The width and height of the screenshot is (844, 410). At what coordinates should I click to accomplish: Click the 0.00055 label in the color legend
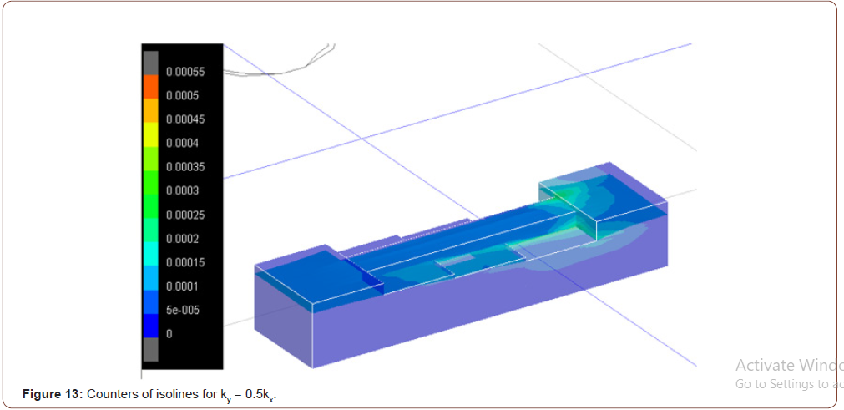pyautogui.click(x=184, y=72)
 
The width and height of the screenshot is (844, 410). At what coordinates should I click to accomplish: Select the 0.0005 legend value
pyautogui.click(x=182, y=95)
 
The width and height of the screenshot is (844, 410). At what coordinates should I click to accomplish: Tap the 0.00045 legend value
pyautogui.click(x=184, y=119)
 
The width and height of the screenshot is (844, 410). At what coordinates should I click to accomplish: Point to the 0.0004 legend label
pyautogui.click(x=182, y=143)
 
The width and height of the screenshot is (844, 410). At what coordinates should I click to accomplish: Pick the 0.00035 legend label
pyautogui.click(x=184, y=167)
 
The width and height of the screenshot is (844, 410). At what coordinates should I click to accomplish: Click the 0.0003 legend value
pyautogui.click(x=182, y=190)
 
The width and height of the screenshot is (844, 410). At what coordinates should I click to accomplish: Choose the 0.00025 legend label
pyautogui.click(x=184, y=215)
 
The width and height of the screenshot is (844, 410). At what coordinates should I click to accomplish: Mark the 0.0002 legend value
pyautogui.click(x=182, y=239)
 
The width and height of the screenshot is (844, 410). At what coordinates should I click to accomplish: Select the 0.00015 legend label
pyautogui.click(x=184, y=262)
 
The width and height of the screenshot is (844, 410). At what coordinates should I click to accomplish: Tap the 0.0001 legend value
pyautogui.click(x=182, y=286)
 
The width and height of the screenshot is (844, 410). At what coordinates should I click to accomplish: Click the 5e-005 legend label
pyautogui.click(x=181, y=310)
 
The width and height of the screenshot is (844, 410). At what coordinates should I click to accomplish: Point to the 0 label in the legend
pyautogui.click(x=169, y=334)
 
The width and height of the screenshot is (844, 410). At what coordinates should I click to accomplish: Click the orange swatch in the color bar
pyautogui.click(x=150, y=86)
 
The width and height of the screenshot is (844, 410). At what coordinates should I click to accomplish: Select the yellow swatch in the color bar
pyautogui.click(x=150, y=134)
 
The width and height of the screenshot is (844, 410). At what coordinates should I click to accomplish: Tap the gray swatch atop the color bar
pyautogui.click(x=150, y=63)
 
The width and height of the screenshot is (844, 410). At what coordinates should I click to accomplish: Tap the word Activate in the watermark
pyautogui.click(x=762, y=365)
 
